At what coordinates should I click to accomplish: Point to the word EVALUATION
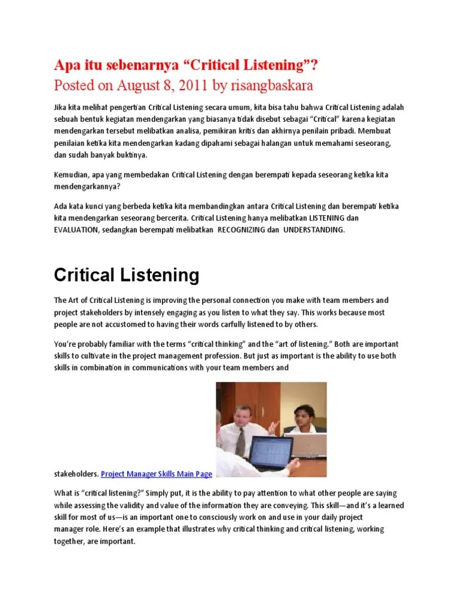pos(75,230)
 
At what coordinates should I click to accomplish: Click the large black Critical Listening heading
pos(127,276)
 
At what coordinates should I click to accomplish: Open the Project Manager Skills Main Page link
pos(157,474)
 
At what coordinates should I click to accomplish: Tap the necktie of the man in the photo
pos(240,441)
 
